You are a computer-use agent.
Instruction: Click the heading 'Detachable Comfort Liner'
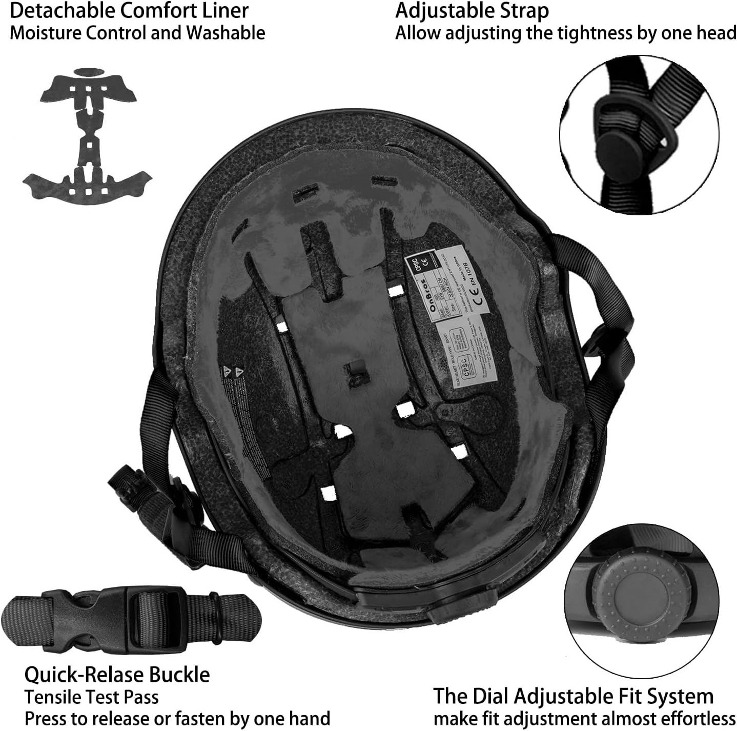[129, 10]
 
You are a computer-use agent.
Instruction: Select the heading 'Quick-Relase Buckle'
[117, 675]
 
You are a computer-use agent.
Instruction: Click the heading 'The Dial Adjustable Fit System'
[573, 696]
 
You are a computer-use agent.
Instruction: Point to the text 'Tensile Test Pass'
[92, 697]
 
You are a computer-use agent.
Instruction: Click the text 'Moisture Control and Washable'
[137, 33]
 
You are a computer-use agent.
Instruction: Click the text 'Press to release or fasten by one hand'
[177, 718]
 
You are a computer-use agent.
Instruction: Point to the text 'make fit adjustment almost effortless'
[584, 718]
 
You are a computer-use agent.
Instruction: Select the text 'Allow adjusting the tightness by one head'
[565, 33]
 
